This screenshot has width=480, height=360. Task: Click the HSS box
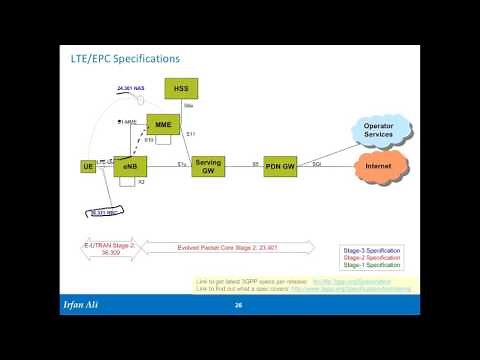coord(181,88)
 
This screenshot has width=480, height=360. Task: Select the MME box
coord(162,123)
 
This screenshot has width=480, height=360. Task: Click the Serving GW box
coord(209,166)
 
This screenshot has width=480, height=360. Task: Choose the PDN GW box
coord(281,166)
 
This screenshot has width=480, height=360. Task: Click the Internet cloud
coord(377,166)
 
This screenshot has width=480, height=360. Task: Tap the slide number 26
coord(239,304)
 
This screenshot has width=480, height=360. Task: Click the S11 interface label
coord(191,132)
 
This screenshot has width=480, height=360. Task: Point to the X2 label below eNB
coord(142,184)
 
